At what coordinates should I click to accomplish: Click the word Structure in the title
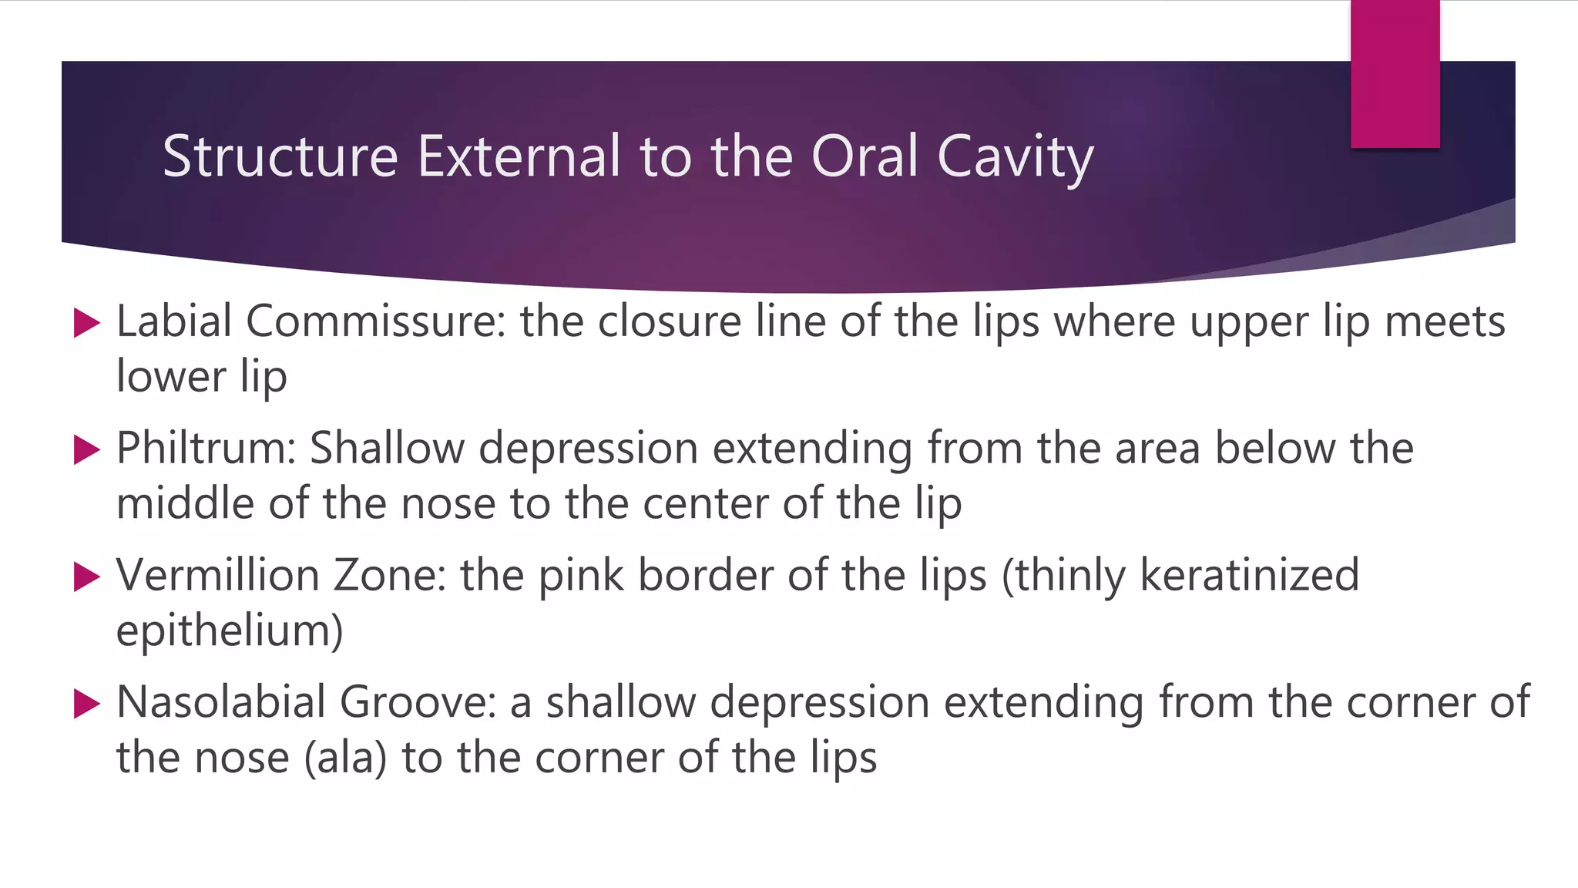pos(280,156)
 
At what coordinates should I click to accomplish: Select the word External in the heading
pos(519,156)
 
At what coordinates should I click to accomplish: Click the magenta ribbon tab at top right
pos(1395,74)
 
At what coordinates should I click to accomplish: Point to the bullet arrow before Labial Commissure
pos(86,323)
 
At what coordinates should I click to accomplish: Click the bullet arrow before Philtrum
pos(86,450)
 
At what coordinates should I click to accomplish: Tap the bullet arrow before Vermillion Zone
pos(86,577)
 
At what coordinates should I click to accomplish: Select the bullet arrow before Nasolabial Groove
pos(86,705)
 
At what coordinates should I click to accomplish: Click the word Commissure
pos(375,321)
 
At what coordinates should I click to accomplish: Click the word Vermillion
pos(217,575)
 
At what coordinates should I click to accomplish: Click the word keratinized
pos(1249,575)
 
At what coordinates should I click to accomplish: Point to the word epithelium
pos(230,631)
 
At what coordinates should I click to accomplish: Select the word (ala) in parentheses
pos(345,758)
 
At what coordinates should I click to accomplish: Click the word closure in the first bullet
pos(670,321)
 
